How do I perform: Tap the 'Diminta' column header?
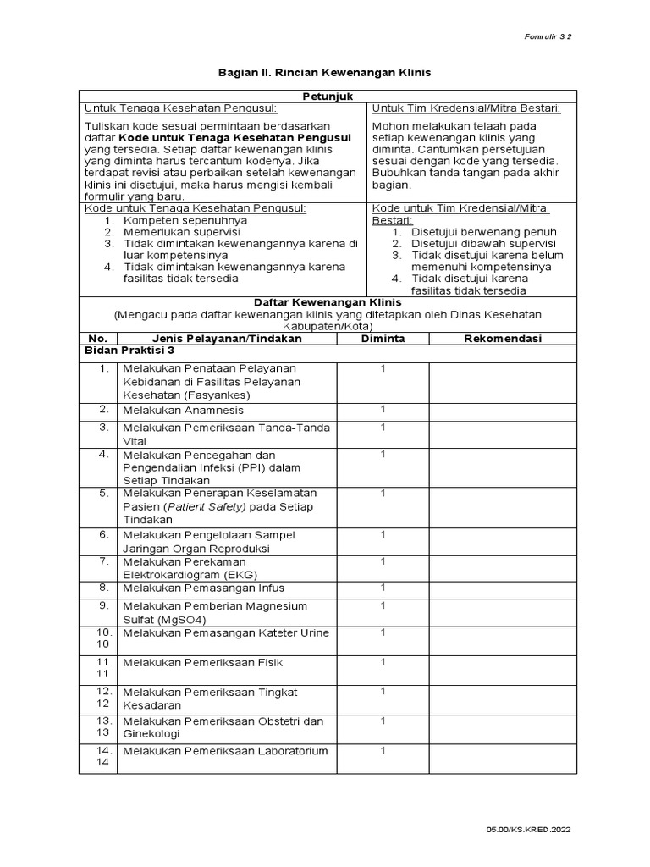coord(383,339)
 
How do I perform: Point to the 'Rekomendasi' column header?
coord(503,339)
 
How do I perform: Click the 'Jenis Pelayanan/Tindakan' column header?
coord(218,339)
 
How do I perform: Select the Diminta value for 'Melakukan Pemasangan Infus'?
coord(383,588)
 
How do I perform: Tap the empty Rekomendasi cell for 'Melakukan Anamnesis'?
coord(502,411)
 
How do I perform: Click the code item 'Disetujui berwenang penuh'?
coord(483,231)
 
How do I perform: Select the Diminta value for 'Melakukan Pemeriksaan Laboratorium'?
coord(383,750)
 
